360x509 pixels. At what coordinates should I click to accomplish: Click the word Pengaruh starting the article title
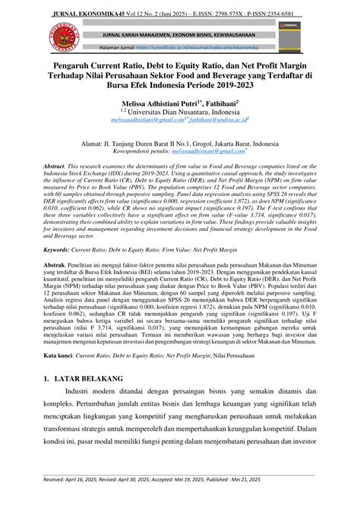68,67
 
